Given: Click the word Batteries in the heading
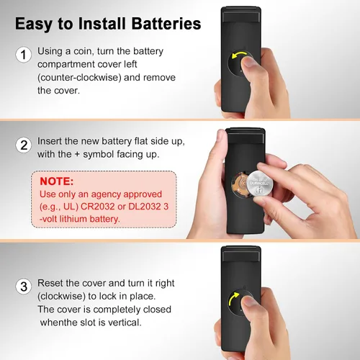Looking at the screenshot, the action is click(x=166, y=24).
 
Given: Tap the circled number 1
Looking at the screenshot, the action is click(x=23, y=55).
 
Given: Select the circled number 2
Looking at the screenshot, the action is click(x=23, y=145).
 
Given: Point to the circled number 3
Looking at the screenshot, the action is click(x=23, y=287).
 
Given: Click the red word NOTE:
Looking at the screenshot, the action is click(x=57, y=181).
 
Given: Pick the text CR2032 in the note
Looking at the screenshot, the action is click(x=97, y=207).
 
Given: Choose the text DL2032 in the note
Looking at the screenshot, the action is click(x=145, y=207).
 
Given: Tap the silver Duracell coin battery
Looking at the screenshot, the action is click(x=260, y=185).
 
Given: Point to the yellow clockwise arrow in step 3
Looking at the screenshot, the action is click(x=233, y=298).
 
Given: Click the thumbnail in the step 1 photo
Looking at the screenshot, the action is click(x=249, y=61).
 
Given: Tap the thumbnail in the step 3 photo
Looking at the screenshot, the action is click(x=249, y=301).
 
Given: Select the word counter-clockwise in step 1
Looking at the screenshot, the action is click(x=79, y=78).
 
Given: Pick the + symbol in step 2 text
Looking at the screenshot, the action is click(x=77, y=154).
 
